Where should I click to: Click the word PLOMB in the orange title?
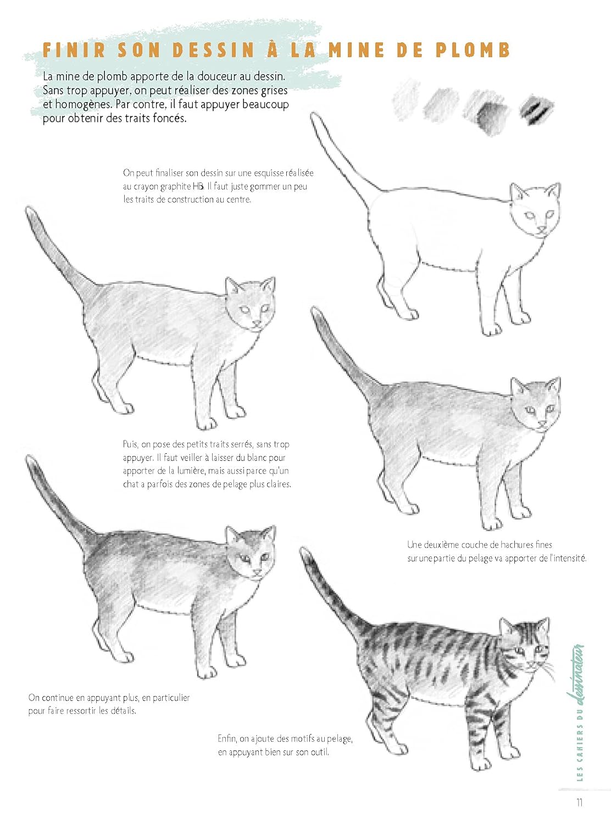473,51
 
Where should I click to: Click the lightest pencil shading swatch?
407,99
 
